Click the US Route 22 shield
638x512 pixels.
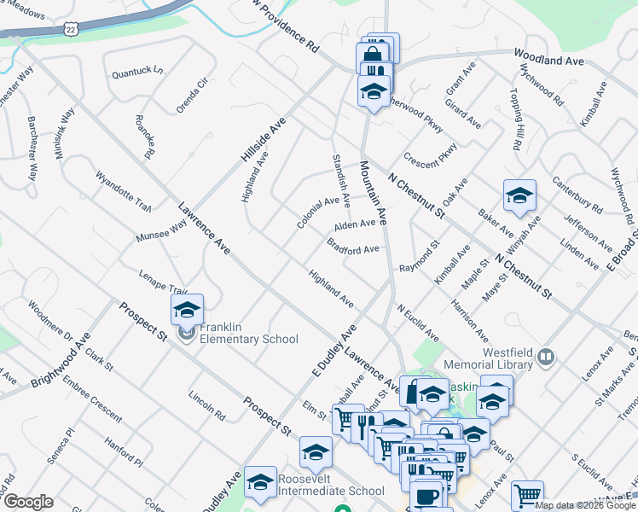coord(72,28)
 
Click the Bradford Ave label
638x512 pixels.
coord(352,247)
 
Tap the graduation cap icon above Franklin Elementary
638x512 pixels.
coord(187,309)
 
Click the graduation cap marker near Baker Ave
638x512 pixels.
coord(519,195)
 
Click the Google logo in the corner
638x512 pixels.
coord(28,502)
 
